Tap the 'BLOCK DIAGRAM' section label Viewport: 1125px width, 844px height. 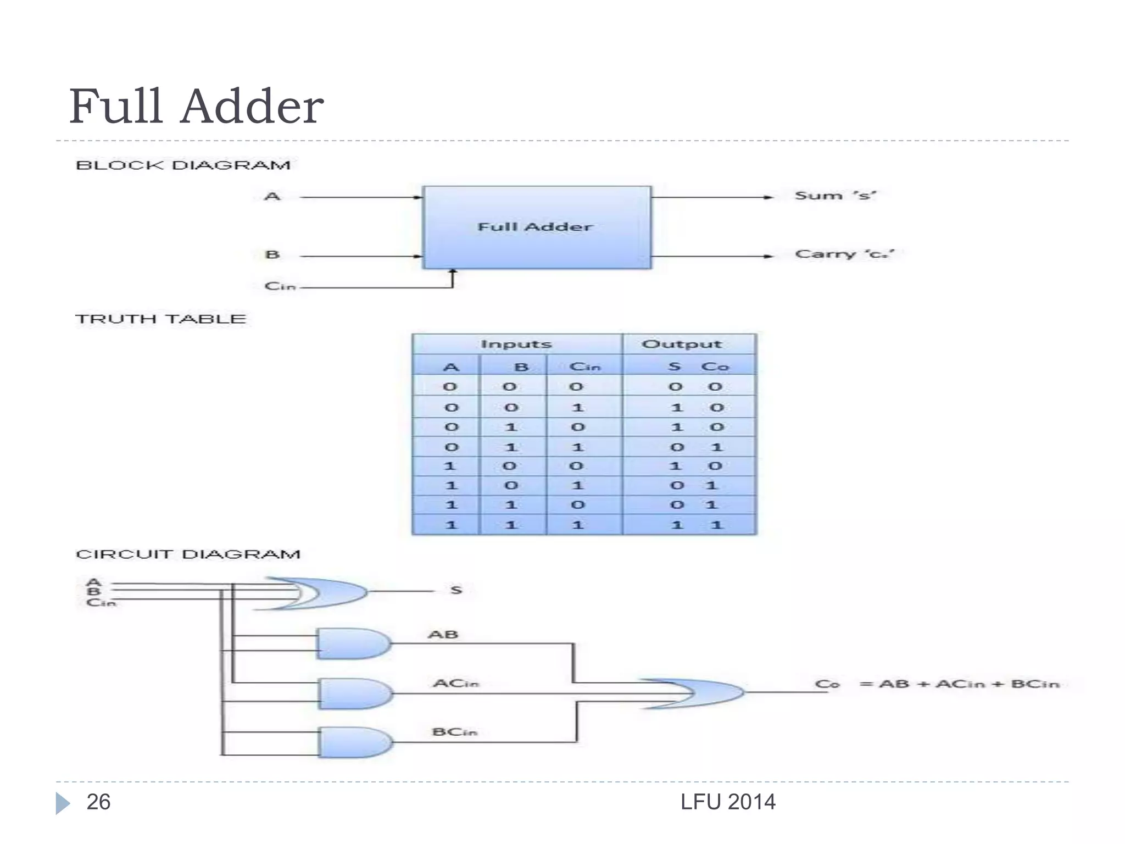pyautogui.click(x=183, y=165)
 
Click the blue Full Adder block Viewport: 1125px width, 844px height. pyautogui.click(x=536, y=227)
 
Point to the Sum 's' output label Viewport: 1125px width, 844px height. pyautogui.click(x=835, y=196)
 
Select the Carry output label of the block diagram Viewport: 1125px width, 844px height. pyautogui.click(x=844, y=254)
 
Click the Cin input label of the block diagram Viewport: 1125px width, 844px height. pyautogui.click(x=280, y=286)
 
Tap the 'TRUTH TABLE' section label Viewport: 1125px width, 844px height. pyautogui.click(x=160, y=319)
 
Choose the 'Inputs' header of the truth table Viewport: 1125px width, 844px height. pyautogui.click(x=516, y=345)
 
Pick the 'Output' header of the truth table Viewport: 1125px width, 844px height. pyautogui.click(x=682, y=345)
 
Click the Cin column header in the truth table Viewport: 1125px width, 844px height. pyautogui.click(x=585, y=367)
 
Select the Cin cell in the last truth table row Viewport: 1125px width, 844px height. pyautogui.click(x=578, y=525)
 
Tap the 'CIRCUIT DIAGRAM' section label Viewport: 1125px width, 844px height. pyautogui.click(x=188, y=554)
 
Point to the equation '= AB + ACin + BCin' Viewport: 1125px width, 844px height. pyautogui.click(x=959, y=684)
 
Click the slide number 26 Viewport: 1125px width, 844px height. pyautogui.click(x=98, y=802)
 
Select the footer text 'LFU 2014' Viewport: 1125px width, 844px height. pyautogui.click(x=728, y=802)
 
